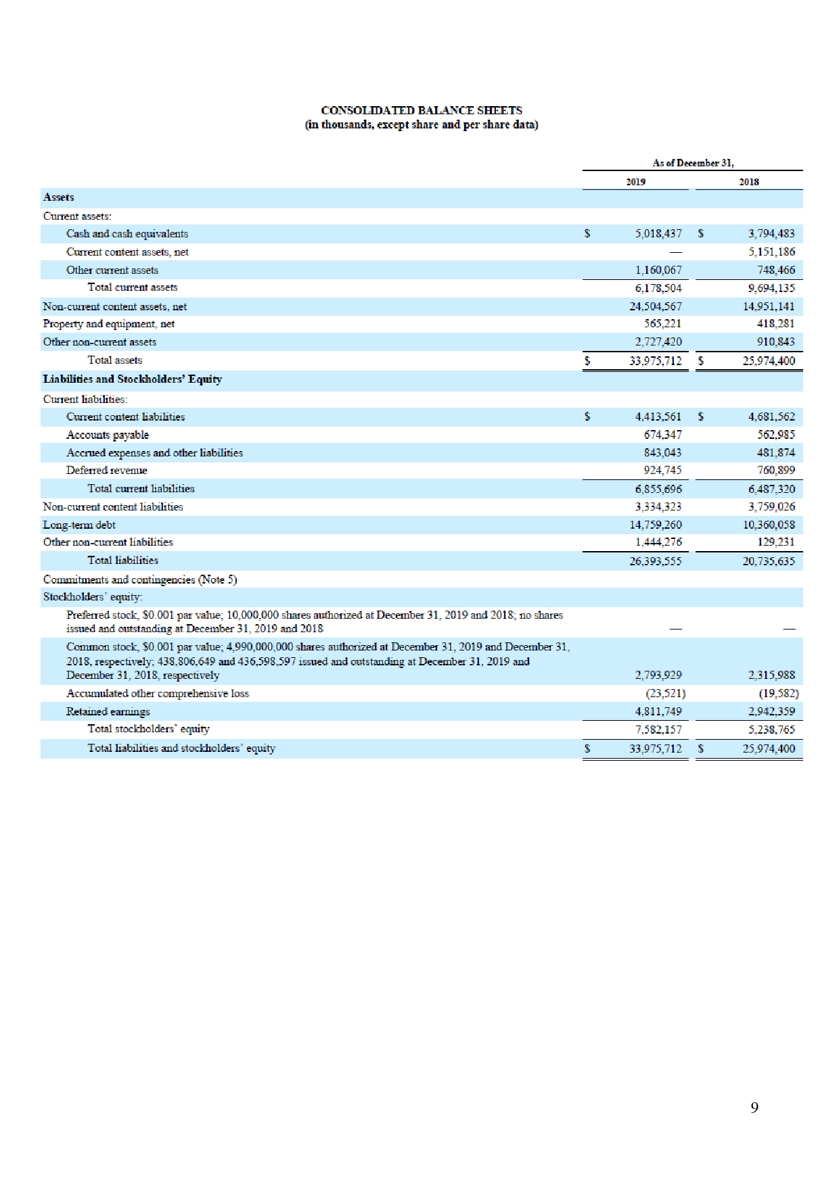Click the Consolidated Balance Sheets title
click(x=421, y=110)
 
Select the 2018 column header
click(x=748, y=182)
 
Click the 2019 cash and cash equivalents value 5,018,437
click(x=658, y=234)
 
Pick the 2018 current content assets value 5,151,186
click(x=771, y=252)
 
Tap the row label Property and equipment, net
click(x=109, y=324)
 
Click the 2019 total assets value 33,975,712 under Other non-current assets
click(x=655, y=361)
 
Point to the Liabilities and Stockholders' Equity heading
click(x=132, y=379)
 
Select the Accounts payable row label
click(x=108, y=435)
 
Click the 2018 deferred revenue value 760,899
click(x=775, y=471)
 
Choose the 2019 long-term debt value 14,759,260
click(x=655, y=525)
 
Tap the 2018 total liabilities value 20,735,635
click(x=769, y=561)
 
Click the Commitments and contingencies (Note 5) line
click(x=140, y=579)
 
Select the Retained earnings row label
click(x=108, y=711)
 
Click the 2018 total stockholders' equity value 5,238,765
click(x=771, y=730)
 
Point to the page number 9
click(x=754, y=1107)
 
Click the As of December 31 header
click(x=693, y=163)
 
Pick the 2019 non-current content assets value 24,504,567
click(x=655, y=306)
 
